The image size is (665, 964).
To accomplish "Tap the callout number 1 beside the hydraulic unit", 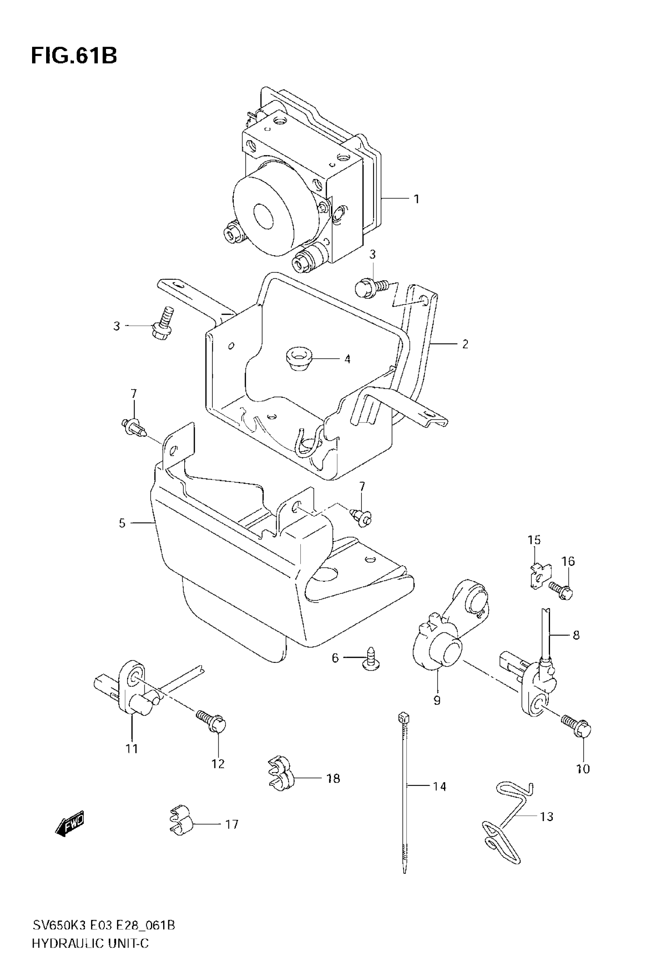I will (416, 199).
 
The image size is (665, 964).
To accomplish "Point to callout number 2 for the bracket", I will (465, 345).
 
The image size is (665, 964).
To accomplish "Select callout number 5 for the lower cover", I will (122, 523).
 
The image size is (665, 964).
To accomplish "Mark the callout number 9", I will (437, 700).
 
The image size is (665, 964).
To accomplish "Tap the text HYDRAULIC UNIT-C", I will (90, 943).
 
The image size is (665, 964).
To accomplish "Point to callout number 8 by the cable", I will (576, 635).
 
